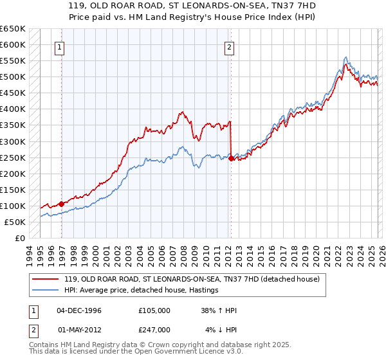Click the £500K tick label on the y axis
click(13, 77)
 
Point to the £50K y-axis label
click(15, 222)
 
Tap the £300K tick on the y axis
click(13, 141)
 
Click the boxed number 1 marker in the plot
click(60, 46)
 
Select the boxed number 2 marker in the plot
click(229, 46)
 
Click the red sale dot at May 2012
click(230, 157)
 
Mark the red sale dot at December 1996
click(61, 204)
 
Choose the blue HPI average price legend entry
click(142, 290)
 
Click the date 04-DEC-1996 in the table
click(79, 310)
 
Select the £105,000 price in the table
click(154, 310)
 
